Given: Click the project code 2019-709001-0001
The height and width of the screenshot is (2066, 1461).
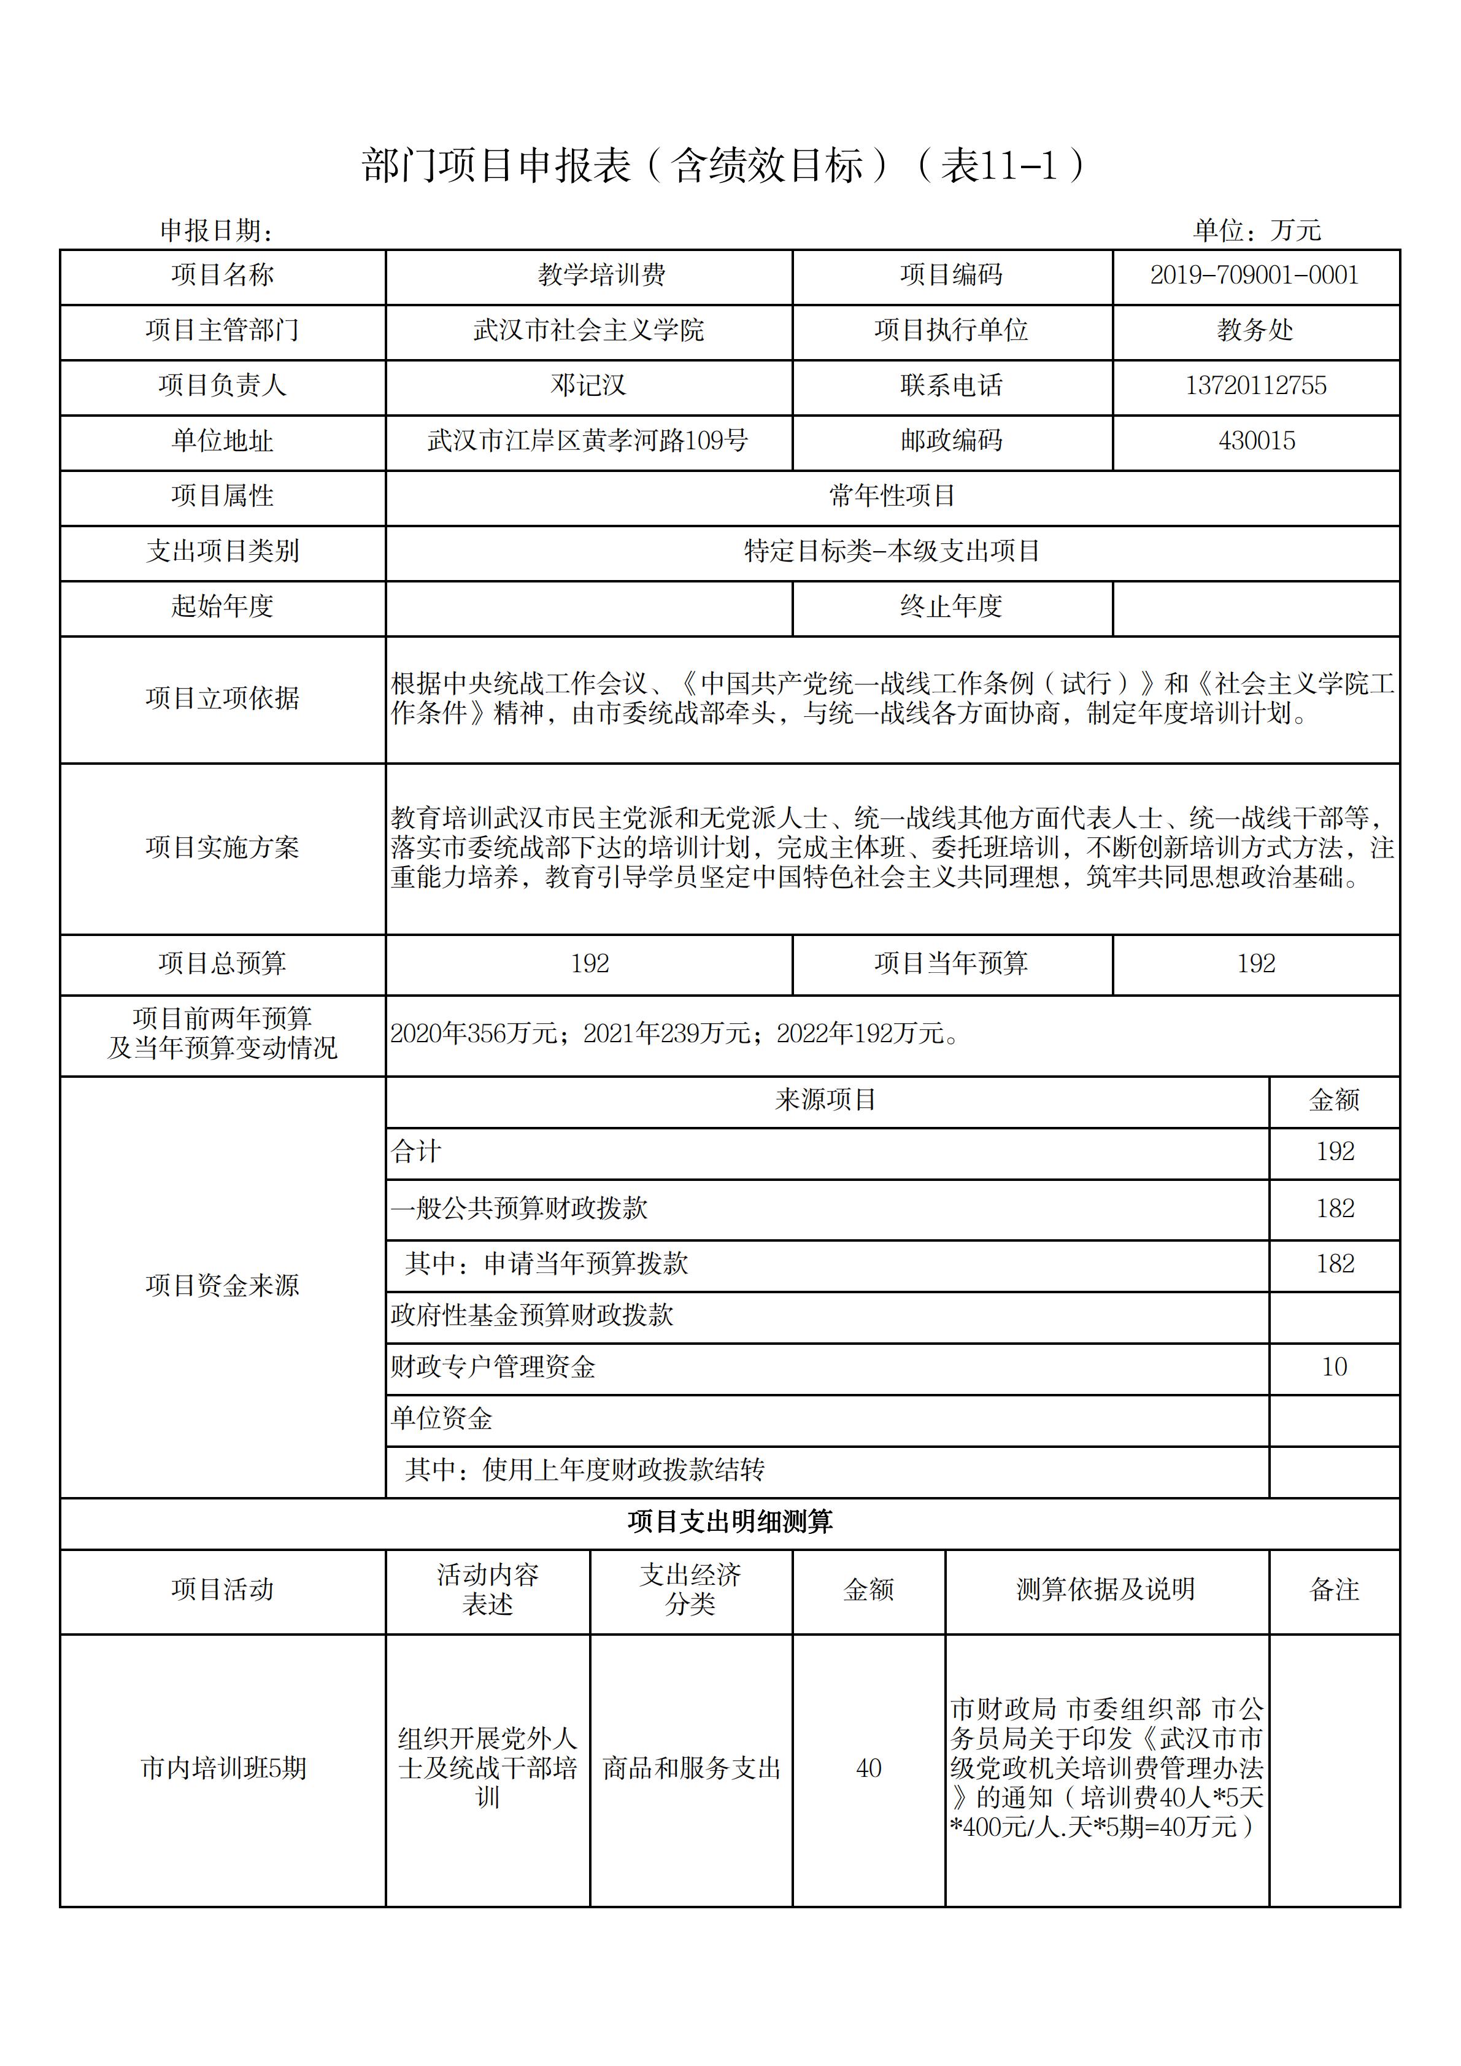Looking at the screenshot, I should [x=1254, y=276].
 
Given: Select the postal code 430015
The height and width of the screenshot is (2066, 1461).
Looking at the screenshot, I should [x=1256, y=441].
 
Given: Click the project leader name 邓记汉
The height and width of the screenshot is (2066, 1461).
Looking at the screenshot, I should [x=588, y=386].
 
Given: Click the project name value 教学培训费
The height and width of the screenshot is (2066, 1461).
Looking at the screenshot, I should [x=601, y=276].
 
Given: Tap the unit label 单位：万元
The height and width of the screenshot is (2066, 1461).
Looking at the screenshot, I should [x=1256, y=230].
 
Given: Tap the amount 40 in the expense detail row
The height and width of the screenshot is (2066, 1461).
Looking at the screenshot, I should [x=868, y=1768].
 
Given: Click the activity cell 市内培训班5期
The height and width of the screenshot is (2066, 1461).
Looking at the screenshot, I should [x=223, y=1768].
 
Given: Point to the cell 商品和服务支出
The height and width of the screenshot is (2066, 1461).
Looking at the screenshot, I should [x=691, y=1768].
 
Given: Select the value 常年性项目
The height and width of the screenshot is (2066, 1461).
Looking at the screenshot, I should [x=892, y=496].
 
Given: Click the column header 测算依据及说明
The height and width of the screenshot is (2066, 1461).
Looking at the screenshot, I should [x=1106, y=1589].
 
